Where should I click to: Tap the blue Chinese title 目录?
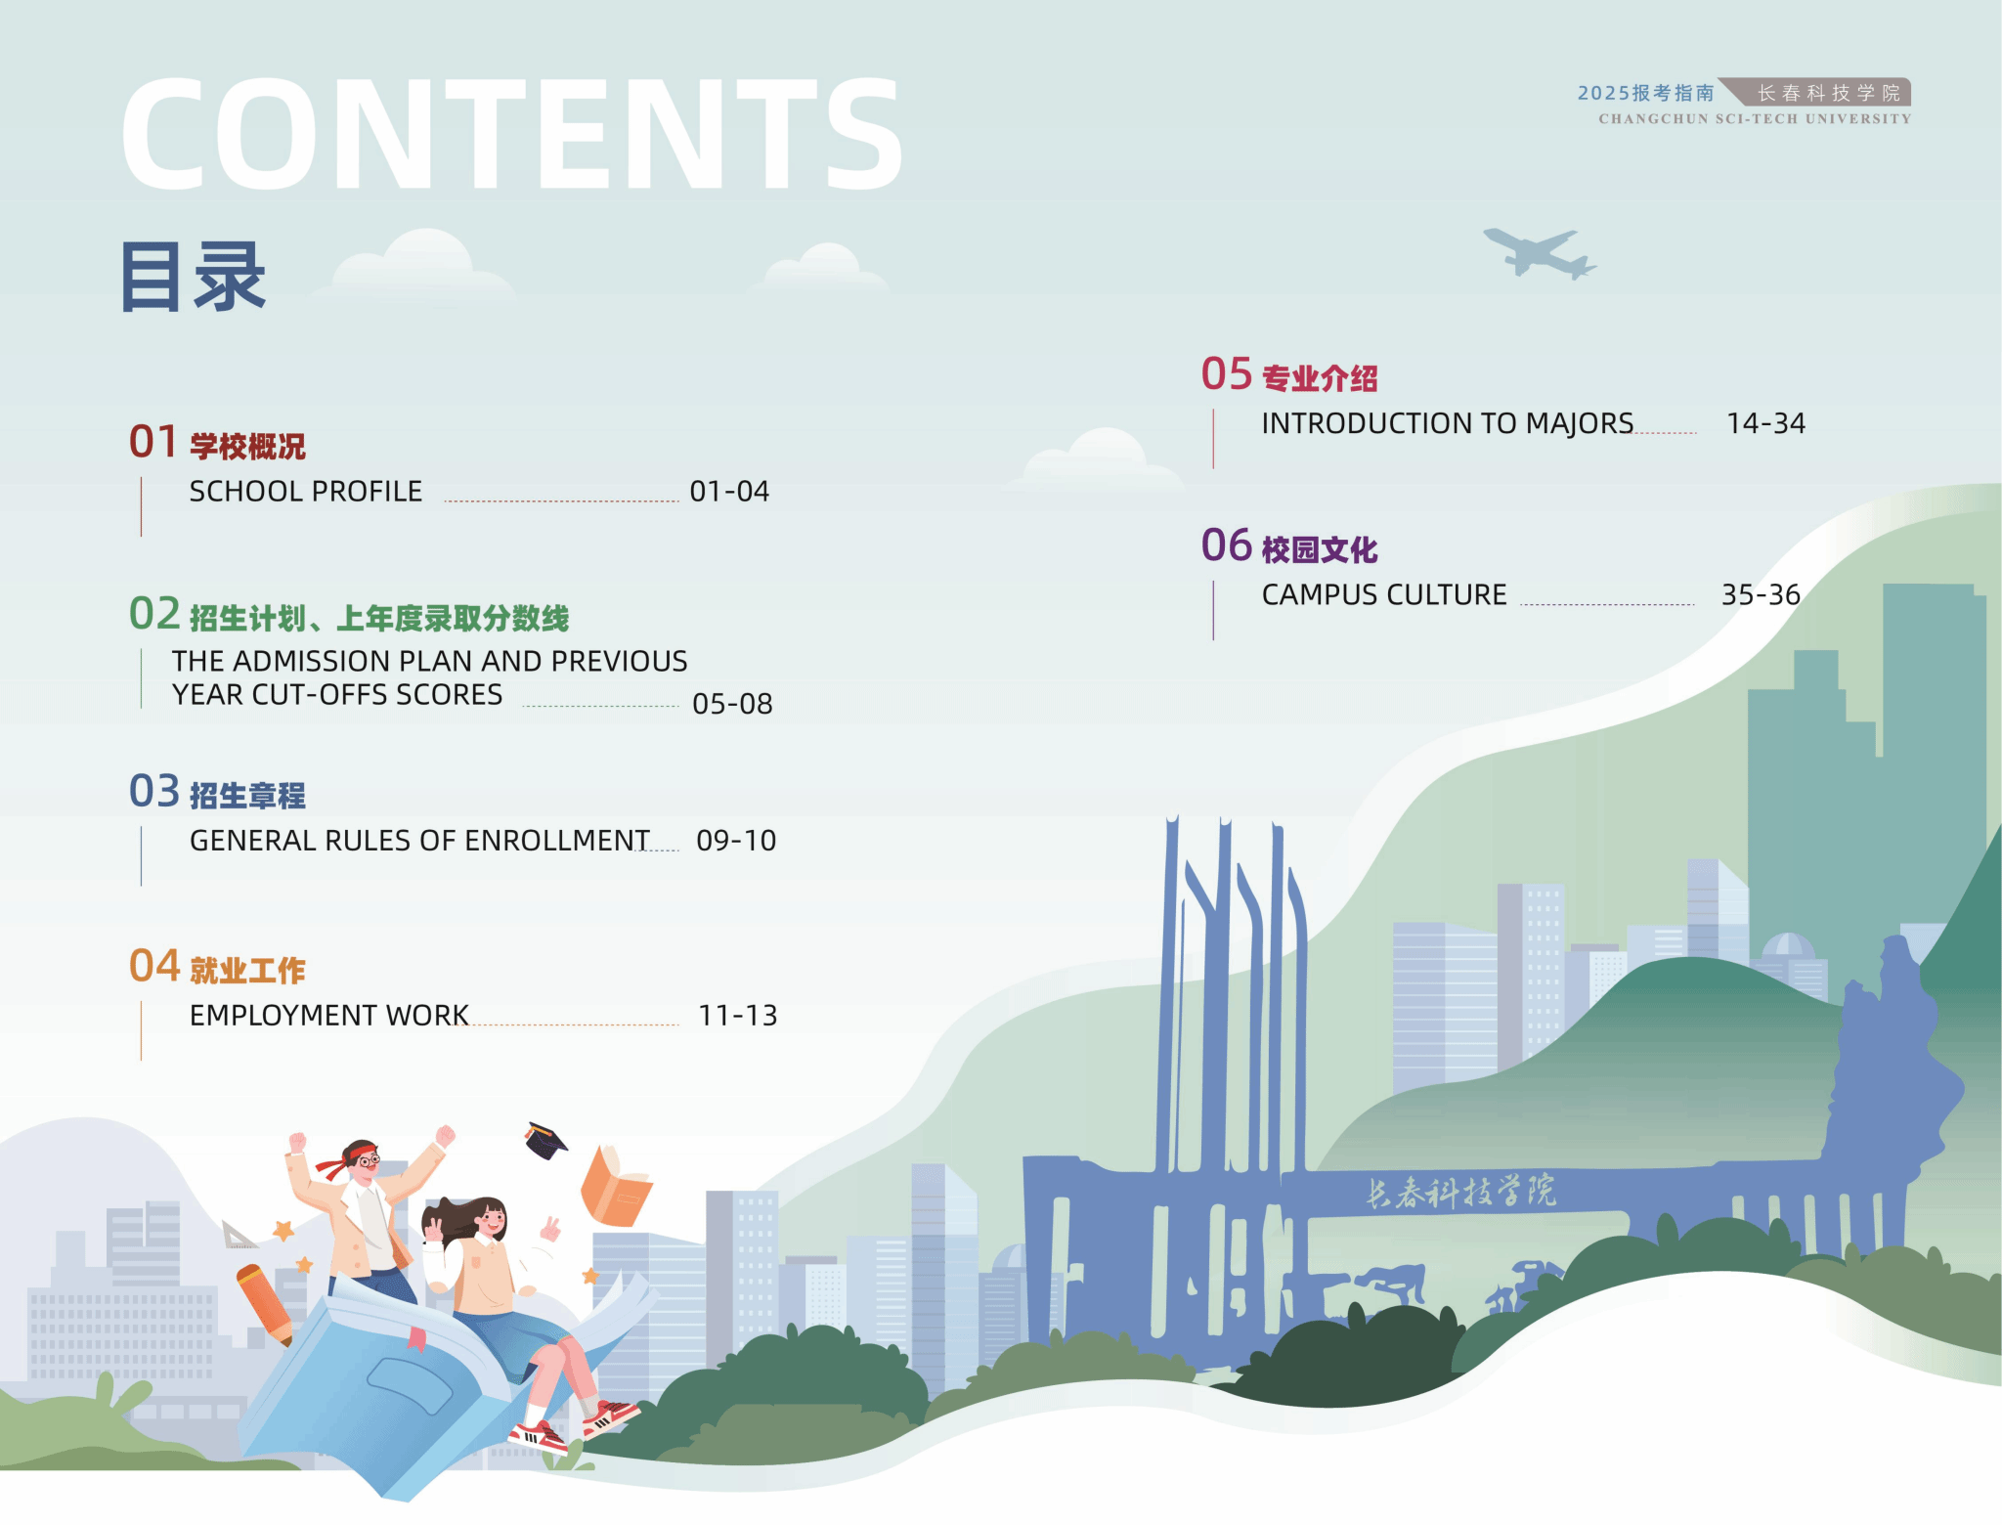pyautogui.click(x=193, y=277)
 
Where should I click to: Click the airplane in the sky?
pyautogui.click(x=1540, y=253)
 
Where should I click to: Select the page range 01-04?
pyautogui.click(x=729, y=491)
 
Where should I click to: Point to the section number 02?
pyautogui.click(x=154, y=614)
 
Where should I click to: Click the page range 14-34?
pyautogui.click(x=1765, y=423)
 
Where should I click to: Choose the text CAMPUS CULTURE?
pyautogui.click(x=1384, y=594)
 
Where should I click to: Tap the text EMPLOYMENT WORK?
pyautogui.click(x=329, y=1016)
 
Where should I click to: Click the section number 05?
pyautogui.click(x=1227, y=374)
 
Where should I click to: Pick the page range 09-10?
pyautogui.click(x=736, y=841)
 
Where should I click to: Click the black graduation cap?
pyautogui.click(x=545, y=1140)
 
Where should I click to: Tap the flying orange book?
pyautogui.click(x=616, y=1186)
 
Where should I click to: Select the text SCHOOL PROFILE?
pyautogui.click(x=306, y=491)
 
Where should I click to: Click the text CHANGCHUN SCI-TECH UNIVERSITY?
pyautogui.click(x=1755, y=119)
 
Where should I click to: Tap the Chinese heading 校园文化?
pyautogui.click(x=1320, y=550)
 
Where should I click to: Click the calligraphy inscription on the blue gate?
pyautogui.click(x=1460, y=1192)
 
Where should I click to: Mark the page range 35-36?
pyautogui.click(x=1761, y=594)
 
